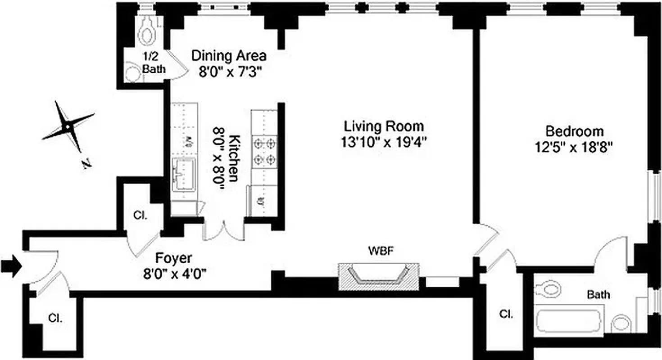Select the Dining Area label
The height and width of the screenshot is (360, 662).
coord(229,56)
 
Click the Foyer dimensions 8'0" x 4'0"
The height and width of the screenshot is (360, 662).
coord(174,273)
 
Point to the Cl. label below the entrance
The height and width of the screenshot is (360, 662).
coord(55,318)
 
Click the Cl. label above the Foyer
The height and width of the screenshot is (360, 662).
coord(140,215)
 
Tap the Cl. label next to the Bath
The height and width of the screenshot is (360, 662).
coord(506,314)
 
